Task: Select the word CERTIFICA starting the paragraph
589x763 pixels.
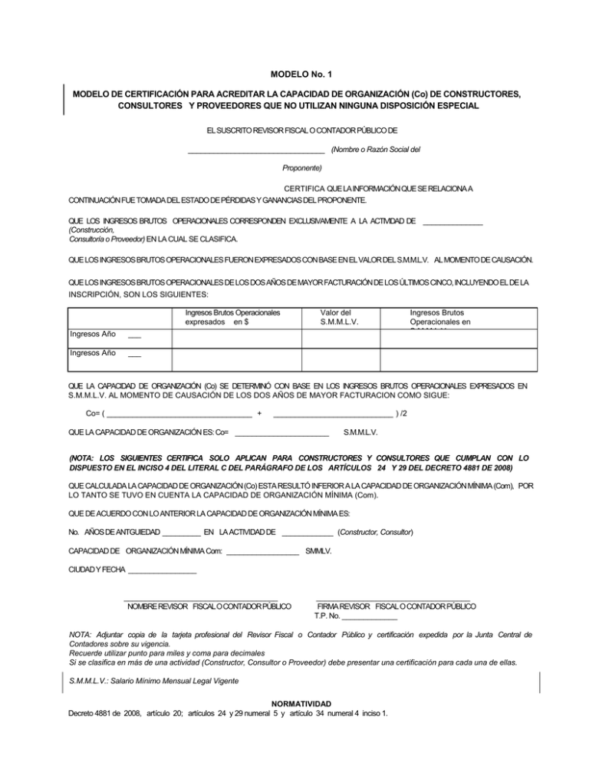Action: (x=304, y=189)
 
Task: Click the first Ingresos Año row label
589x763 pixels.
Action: (x=93, y=335)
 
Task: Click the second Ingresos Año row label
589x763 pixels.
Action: (x=93, y=353)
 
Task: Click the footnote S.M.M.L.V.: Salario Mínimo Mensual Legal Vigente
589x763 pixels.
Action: (x=154, y=681)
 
